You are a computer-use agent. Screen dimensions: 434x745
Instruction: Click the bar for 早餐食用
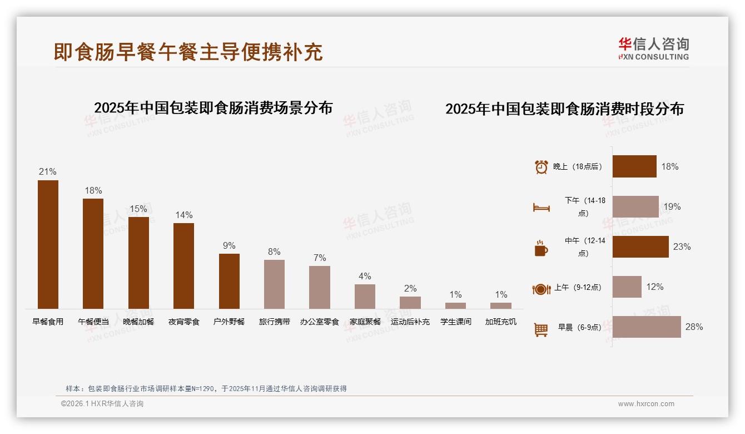[48, 244]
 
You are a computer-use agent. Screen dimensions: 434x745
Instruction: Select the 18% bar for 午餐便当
[93, 254]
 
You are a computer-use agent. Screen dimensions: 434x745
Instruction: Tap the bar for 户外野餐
[229, 281]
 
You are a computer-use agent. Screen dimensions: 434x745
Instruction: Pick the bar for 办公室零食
[320, 287]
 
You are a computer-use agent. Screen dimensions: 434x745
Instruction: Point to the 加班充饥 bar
[501, 305]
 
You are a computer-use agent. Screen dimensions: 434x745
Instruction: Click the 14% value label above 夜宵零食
[183, 215]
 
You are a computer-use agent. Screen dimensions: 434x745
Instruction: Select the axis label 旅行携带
[275, 322]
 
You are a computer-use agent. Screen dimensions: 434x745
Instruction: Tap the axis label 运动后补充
[410, 322]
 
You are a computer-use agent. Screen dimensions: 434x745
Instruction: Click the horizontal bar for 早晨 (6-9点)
[647, 327]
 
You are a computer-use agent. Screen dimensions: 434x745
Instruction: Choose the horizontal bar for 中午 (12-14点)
[640, 246]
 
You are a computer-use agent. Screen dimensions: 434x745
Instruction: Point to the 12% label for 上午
[654, 287]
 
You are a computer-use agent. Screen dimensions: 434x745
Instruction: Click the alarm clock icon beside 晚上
[541, 167]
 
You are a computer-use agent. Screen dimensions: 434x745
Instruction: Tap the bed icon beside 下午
[541, 208]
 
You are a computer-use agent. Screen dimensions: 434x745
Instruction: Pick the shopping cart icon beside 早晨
[541, 329]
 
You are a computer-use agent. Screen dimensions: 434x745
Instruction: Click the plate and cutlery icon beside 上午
[541, 289]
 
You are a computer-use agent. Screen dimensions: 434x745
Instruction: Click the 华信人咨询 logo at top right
[653, 49]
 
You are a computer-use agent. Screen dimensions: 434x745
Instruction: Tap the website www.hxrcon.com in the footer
[646, 404]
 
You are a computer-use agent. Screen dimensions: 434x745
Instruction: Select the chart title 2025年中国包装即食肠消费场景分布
[213, 108]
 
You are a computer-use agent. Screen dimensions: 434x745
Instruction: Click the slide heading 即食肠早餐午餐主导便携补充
[188, 52]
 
